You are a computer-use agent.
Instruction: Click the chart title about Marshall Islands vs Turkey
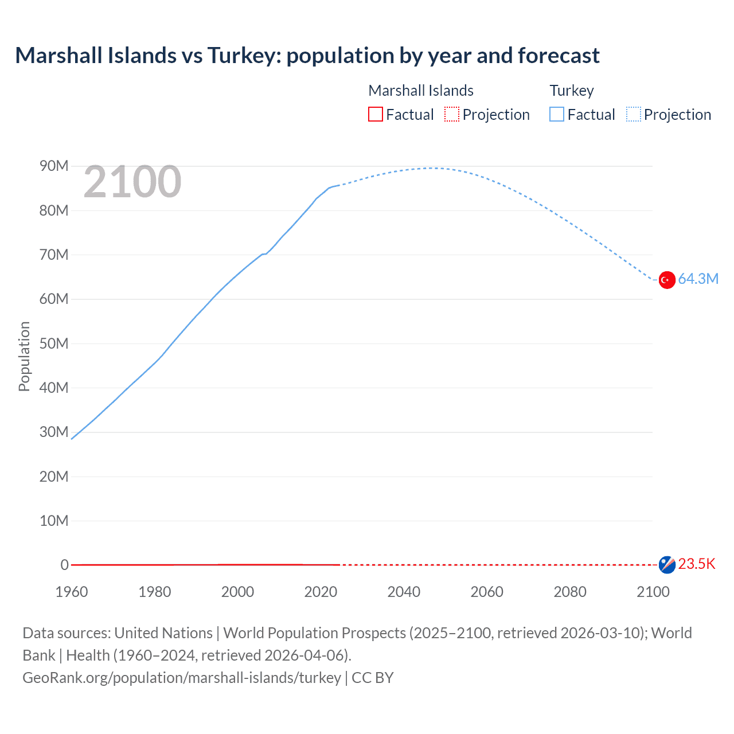[x=307, y=56]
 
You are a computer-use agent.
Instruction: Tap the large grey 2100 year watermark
[x=132, y=182]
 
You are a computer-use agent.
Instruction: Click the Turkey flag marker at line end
[x=666, y=280]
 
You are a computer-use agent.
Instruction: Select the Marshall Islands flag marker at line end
[x=666, y=565]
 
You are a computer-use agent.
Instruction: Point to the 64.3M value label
[x=698, y=279]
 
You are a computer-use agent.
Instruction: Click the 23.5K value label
[x=697, y=564]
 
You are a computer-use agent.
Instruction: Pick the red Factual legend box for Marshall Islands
[x=376, y=115]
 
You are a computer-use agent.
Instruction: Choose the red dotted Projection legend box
[x=452, y=115]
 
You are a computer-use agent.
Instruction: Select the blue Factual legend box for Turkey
[x=557, y=115]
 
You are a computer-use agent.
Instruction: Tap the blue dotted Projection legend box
[x=634, y=115]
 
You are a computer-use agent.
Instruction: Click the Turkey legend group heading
[x=572, y=91]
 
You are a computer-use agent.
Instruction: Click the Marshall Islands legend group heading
[x=421, y=91]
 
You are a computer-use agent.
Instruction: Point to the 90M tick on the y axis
[x=54, y=166]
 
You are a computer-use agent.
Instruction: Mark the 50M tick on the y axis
[x=54, y=343]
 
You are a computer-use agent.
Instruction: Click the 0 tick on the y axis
[x=64, y=565]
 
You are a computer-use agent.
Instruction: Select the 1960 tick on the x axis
[x=72, y=592]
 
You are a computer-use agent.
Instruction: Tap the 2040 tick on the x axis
[x=404, y=592]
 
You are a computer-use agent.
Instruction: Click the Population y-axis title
[x=24, y=356]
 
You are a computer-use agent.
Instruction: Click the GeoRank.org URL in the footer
[x=182, y=678]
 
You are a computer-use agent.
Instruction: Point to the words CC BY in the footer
[x=373, y=678]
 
